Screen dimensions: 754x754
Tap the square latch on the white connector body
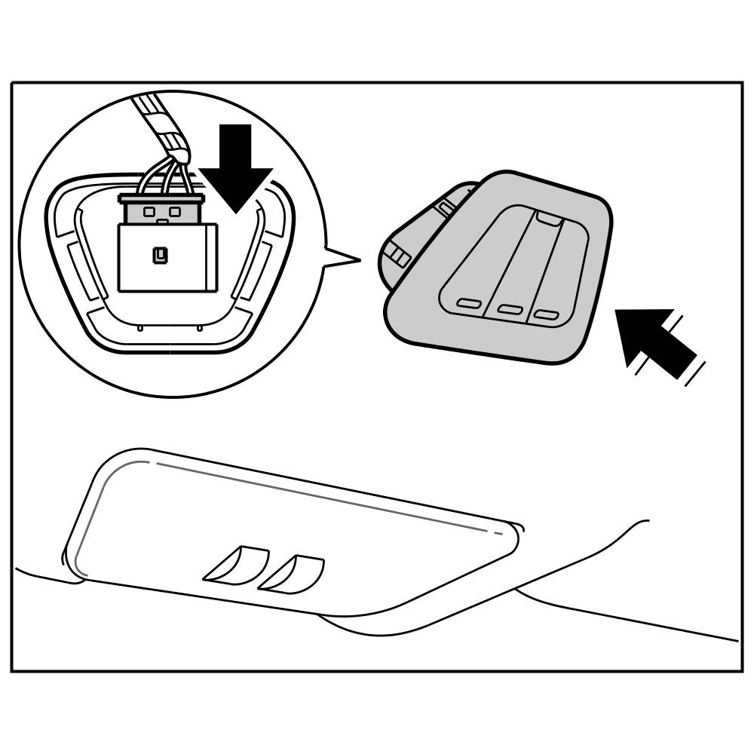point(159,256)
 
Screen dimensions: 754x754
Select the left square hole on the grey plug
point(149,212)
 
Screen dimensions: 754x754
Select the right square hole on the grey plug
point(175,212)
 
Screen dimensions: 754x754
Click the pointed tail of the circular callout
point(343,257)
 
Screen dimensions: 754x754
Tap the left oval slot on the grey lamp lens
point(469,304)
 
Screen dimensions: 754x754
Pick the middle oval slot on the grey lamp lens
point(510,309)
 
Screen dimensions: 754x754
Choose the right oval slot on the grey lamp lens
point(547,314)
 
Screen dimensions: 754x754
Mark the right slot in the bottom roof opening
point(292,573)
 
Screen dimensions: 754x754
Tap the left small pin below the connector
point(140,328)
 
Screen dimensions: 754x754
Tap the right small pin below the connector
point(198,328)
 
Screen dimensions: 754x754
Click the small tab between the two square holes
point(162,221)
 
